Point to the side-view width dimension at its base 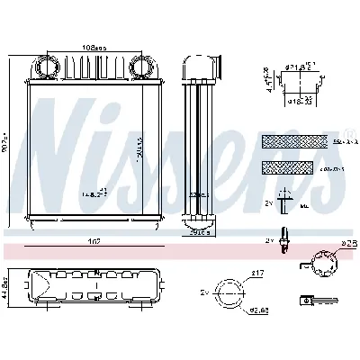(202, 232)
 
